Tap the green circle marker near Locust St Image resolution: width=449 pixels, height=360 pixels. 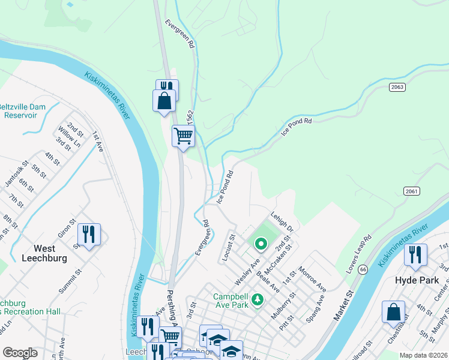[x=261, y=243]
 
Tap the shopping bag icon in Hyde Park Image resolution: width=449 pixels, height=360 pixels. [x=393, y=312]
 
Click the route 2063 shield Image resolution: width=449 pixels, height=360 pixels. [x=397, y=88]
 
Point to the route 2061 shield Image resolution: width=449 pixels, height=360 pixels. [x=411, y=191]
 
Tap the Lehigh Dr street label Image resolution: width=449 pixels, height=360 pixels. [x=281, y=221]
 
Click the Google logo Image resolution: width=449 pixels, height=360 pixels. [x=20, y=353]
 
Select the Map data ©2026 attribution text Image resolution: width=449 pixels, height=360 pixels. [x=423, y=355]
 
